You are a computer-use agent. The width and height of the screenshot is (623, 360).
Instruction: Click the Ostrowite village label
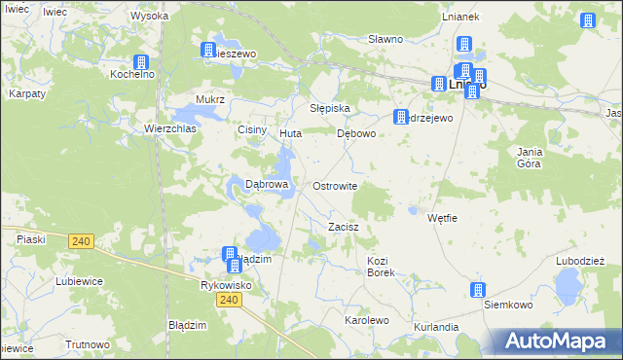pos(335,186)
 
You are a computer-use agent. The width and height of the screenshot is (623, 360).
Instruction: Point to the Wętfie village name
pos(442,218)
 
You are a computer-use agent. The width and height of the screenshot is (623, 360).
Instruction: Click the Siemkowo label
pos(508,305)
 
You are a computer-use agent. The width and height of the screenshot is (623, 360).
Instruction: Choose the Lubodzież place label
pos(580,261)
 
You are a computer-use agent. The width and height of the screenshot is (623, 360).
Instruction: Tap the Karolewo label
pos(367,319)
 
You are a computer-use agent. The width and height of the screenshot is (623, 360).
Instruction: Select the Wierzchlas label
pos(170,127)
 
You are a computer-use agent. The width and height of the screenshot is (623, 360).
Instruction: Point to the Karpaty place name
pos(27,93)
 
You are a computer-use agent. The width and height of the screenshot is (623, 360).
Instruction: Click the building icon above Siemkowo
pos(478,289)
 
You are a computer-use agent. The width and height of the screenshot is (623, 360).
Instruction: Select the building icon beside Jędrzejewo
pos(400,117)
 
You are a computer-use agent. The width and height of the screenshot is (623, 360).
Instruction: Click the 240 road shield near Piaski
pos(82,241)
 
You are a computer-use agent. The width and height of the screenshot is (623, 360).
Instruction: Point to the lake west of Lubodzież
pos(566,287)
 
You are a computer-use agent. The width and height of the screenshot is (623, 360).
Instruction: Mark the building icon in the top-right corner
pos(588,20)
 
